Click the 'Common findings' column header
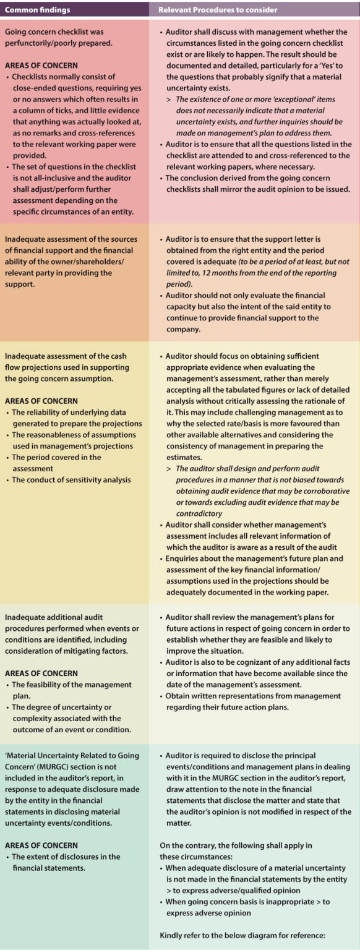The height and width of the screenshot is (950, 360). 37,9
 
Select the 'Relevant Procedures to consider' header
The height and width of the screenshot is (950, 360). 218,9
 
